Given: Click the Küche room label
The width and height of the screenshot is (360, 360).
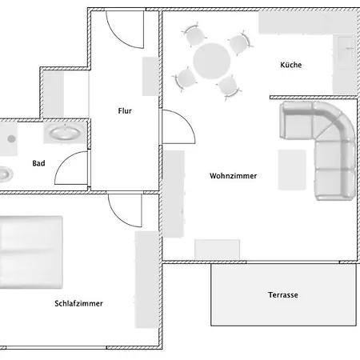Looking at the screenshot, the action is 291,65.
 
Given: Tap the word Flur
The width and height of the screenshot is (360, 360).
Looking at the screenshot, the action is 125,110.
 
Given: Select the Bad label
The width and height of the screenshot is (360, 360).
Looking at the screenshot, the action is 38,163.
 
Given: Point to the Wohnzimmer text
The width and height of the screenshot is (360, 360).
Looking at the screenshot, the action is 233,176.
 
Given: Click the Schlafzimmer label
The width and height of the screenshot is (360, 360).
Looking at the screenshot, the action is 78,303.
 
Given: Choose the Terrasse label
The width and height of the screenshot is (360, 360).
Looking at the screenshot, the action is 283,294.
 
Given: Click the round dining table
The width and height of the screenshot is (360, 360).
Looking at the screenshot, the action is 212,61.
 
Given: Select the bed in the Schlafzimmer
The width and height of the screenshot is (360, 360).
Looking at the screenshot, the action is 30,252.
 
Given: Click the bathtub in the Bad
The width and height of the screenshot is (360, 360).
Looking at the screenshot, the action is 66,132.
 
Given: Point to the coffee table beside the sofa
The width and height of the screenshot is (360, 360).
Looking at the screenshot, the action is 292,170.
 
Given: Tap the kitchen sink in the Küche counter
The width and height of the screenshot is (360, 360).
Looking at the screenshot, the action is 346,48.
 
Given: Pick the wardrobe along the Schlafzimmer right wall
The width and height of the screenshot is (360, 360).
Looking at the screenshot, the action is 146,279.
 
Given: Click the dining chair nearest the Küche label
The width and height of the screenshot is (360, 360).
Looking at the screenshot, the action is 240,43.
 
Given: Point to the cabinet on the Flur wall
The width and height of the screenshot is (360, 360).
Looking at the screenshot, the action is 150,76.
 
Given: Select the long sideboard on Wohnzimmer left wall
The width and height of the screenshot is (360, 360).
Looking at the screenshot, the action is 174,194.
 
